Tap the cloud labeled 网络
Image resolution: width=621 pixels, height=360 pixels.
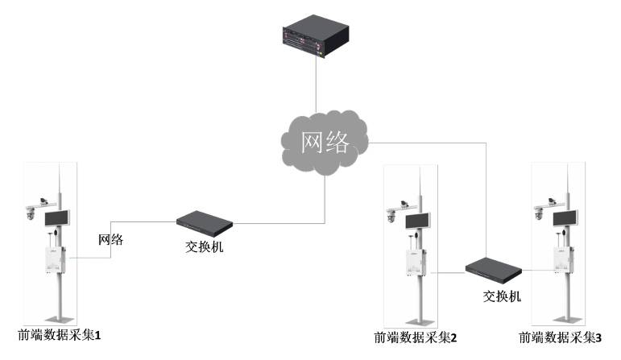325,143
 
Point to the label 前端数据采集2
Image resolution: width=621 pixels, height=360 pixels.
416,337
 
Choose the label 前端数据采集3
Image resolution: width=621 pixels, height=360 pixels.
561,337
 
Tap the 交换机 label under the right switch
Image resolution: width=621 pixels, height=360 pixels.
502,296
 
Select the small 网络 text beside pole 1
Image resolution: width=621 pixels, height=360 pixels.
110,239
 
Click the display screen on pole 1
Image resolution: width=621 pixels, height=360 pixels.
56,217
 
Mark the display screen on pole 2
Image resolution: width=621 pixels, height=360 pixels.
417,221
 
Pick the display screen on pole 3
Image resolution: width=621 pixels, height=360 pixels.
563,217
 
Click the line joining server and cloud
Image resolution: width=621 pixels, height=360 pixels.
316,85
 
